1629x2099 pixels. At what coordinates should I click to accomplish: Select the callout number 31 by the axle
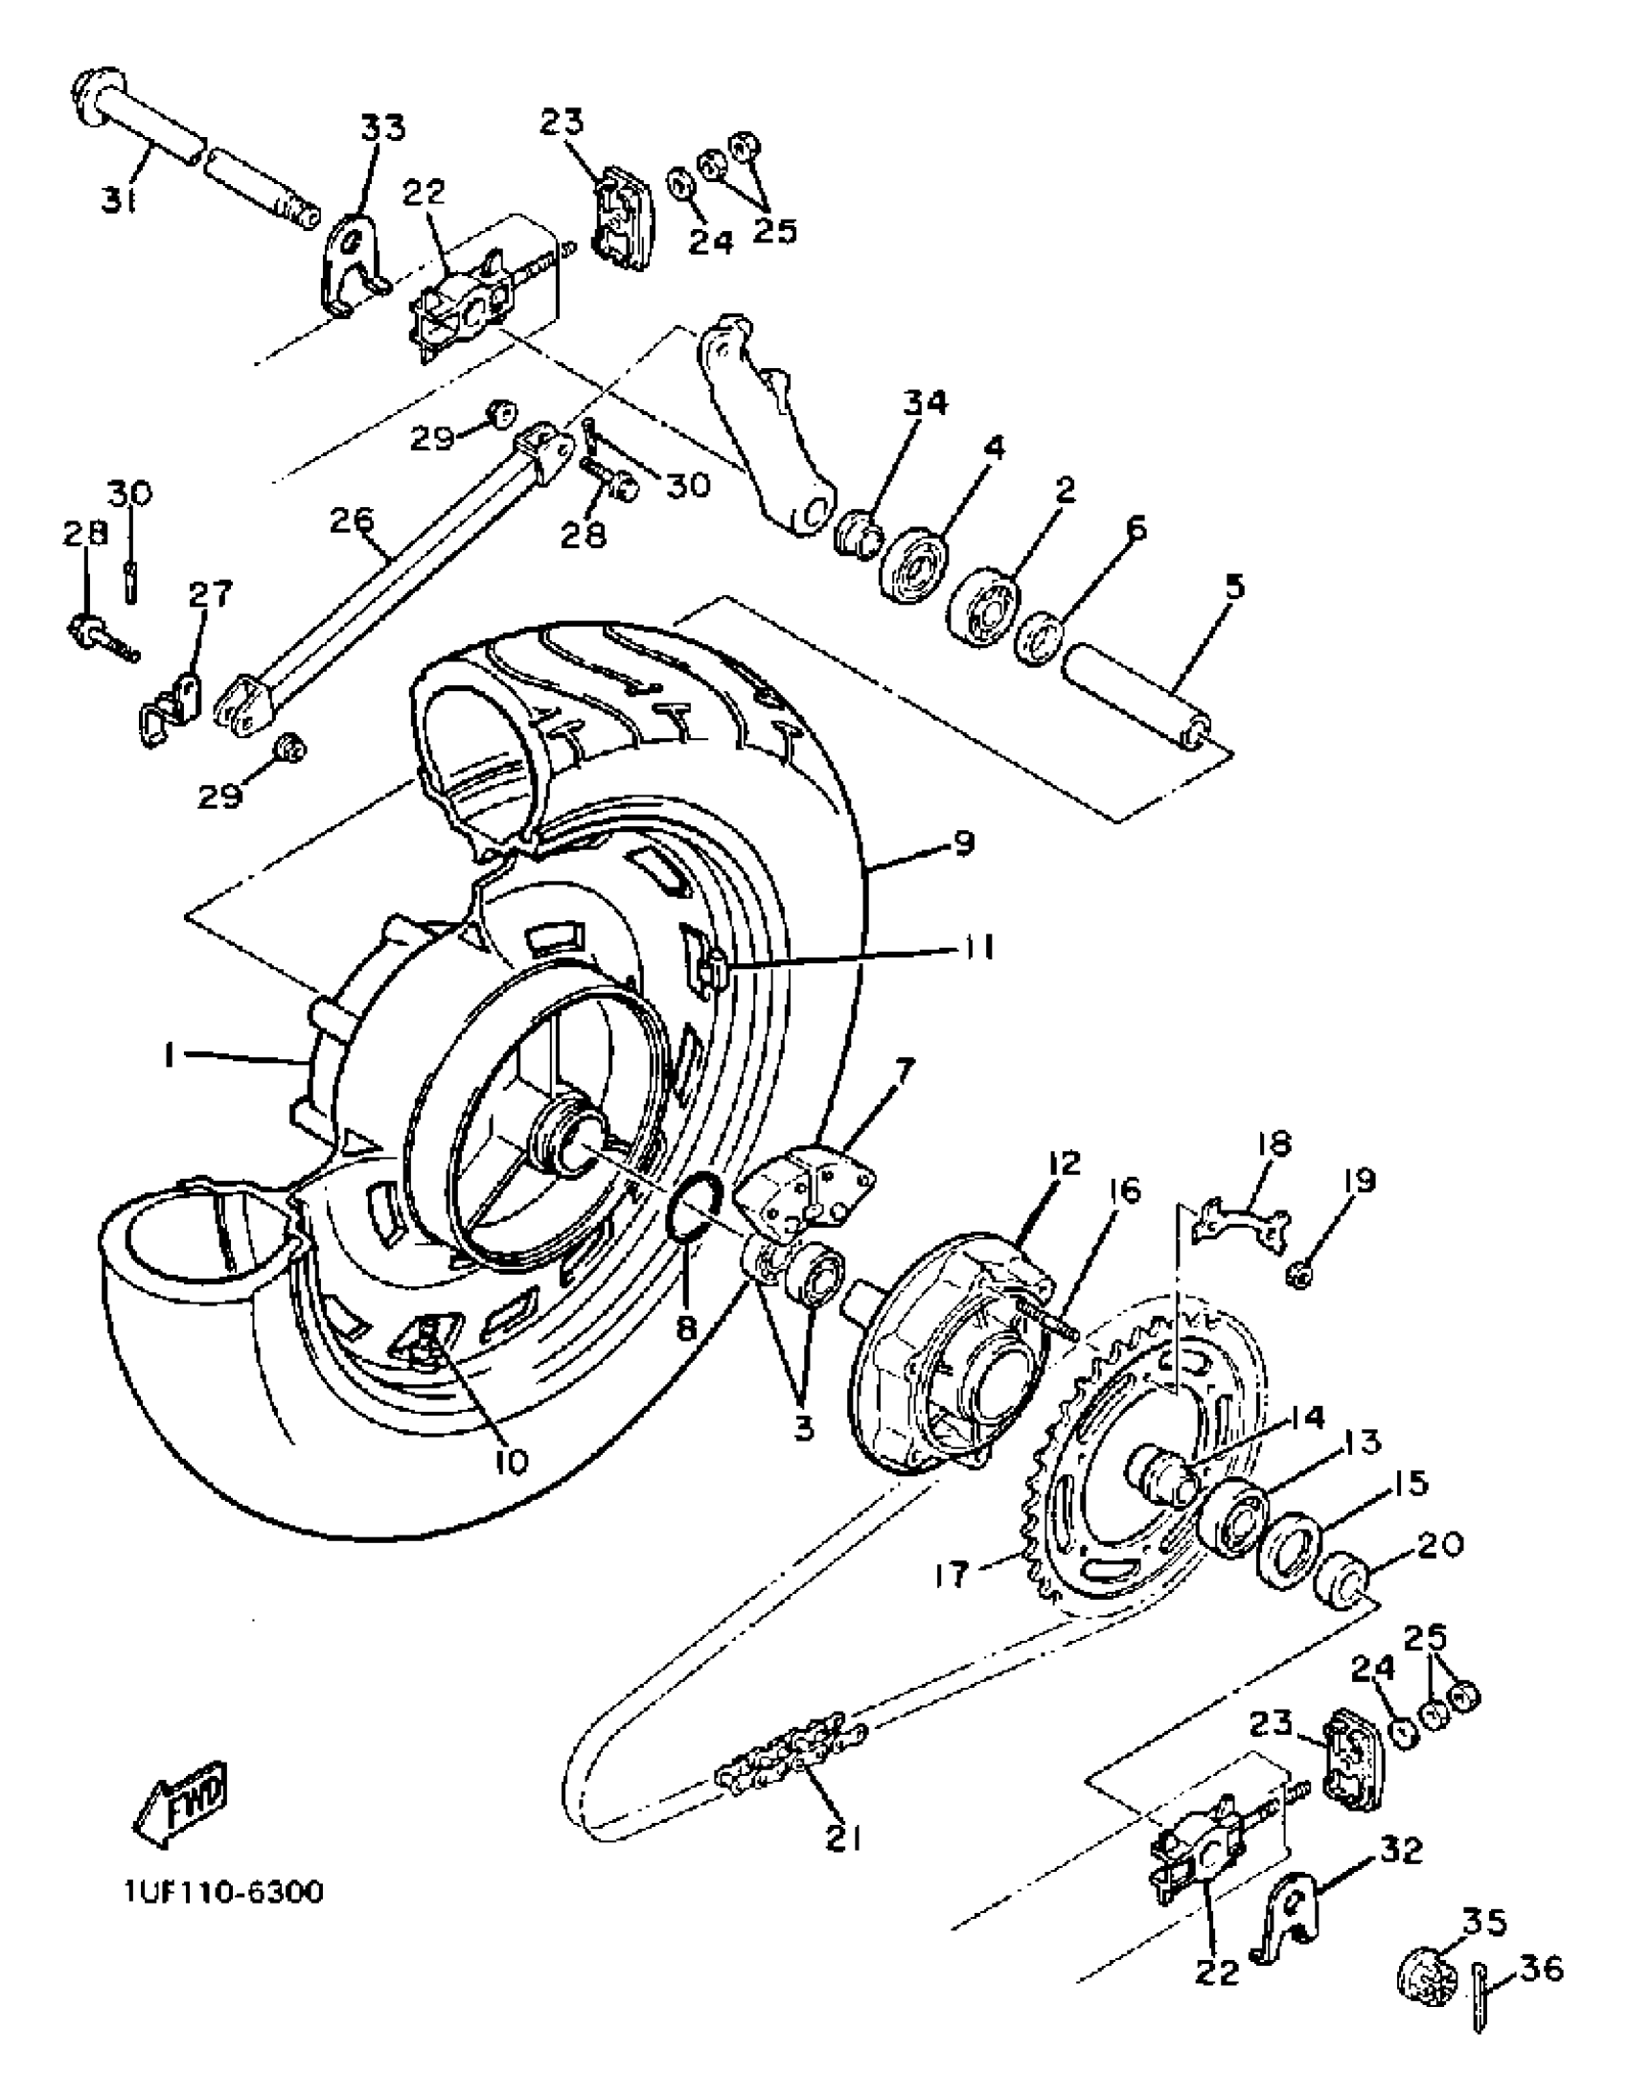[119, 203]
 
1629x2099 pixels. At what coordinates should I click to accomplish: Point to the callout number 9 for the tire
[962, 843]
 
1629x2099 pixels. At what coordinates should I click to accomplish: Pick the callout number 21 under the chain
[843, 1838]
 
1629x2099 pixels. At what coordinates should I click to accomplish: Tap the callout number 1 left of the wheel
[170, 1057]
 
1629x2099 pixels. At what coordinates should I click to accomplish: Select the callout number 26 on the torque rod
[352, 521]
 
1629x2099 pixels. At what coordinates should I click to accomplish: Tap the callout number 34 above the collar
[923, 404]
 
